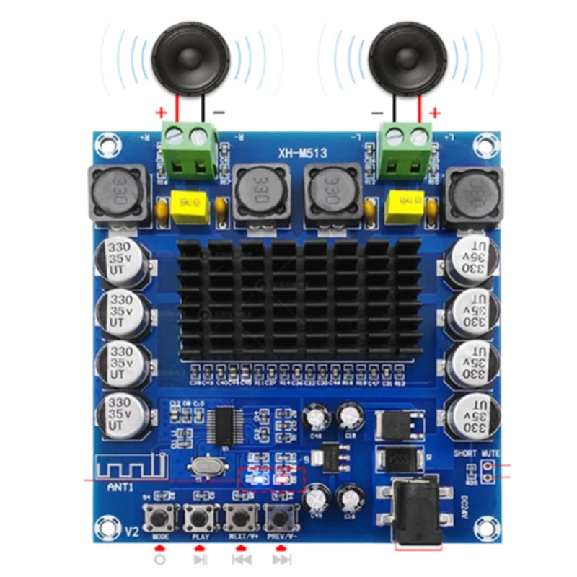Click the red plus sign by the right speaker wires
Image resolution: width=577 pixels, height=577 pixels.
(434, 113)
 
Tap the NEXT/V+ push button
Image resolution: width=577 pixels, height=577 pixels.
(240, 516)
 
